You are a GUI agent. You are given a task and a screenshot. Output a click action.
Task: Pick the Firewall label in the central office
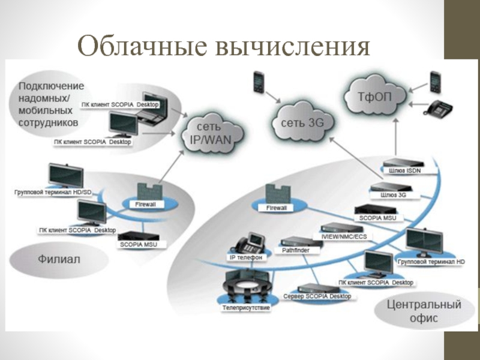click(x=272, y=208)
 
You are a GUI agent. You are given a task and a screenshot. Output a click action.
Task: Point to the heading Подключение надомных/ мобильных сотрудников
click(x=52, y=104)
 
